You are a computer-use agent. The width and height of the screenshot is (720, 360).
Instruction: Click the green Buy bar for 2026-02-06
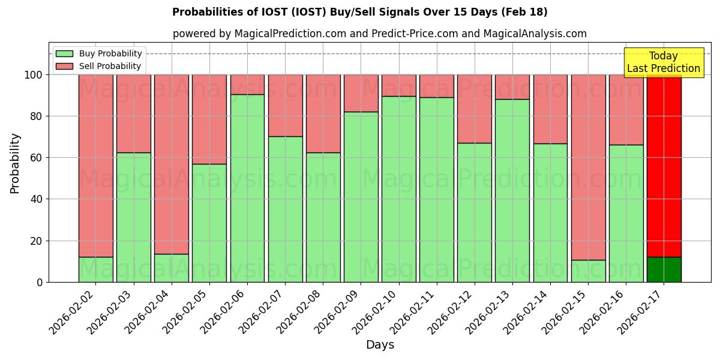[x=247, y=188]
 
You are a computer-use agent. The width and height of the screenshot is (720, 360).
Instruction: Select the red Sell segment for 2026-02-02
[x=96, y=166]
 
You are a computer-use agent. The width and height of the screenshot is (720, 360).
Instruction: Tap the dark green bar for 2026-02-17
[x=664, y=269]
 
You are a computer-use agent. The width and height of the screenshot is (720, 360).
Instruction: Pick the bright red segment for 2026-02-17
[x=664, y=166]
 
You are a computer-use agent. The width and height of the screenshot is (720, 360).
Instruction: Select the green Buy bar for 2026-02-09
[x=361, y=197]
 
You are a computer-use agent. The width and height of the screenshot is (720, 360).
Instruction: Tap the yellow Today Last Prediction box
[x=663, y=62]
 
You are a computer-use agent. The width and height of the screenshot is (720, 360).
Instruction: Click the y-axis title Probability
[x=15, y=163]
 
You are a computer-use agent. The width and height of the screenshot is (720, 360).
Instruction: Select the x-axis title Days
[x=380, y=345]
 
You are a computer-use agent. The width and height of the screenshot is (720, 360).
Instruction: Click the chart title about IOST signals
[x=359, y=12]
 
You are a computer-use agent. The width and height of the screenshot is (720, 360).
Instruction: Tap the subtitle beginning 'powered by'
[x=379, y=34]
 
